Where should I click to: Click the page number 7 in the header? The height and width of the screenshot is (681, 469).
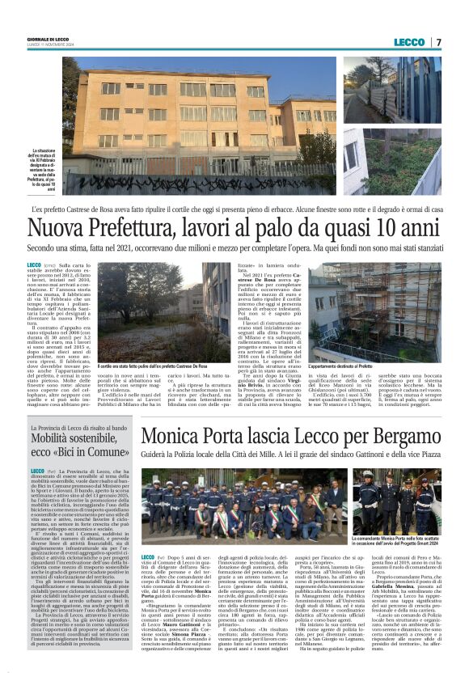[437, 42]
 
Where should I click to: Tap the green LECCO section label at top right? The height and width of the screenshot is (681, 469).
[409, 42]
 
